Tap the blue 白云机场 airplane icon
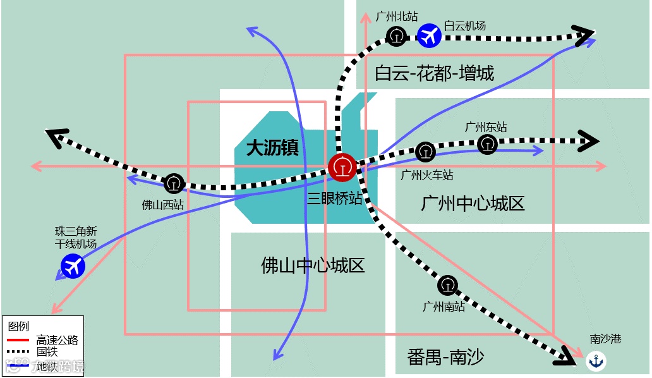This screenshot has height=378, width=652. click(x=429, y=35)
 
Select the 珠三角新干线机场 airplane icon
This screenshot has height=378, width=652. click(x=73, y=265)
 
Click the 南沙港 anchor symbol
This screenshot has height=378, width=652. click(x=596, y=361)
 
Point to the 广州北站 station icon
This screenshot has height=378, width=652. click(x=396, y=35)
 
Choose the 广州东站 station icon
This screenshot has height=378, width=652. click(x=487, y=144)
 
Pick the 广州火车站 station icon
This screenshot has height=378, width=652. click(x=425, y=152)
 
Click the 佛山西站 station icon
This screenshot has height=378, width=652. click(x=174, y=184)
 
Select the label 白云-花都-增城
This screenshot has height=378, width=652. click(x=434, y=73)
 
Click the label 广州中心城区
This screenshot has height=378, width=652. click(x=473, y=204)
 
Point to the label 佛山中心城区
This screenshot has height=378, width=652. click(x=313, y=265)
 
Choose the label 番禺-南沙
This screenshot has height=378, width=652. click(x=445, y=357)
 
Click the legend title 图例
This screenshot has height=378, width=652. click(x=18, y=327)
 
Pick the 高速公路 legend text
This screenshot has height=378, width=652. click(x=57, y=340)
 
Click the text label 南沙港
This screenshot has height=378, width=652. click(x=605, y=339)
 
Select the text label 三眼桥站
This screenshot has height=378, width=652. click(x=335, y=198)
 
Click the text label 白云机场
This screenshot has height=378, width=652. click(x=465, y=26)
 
